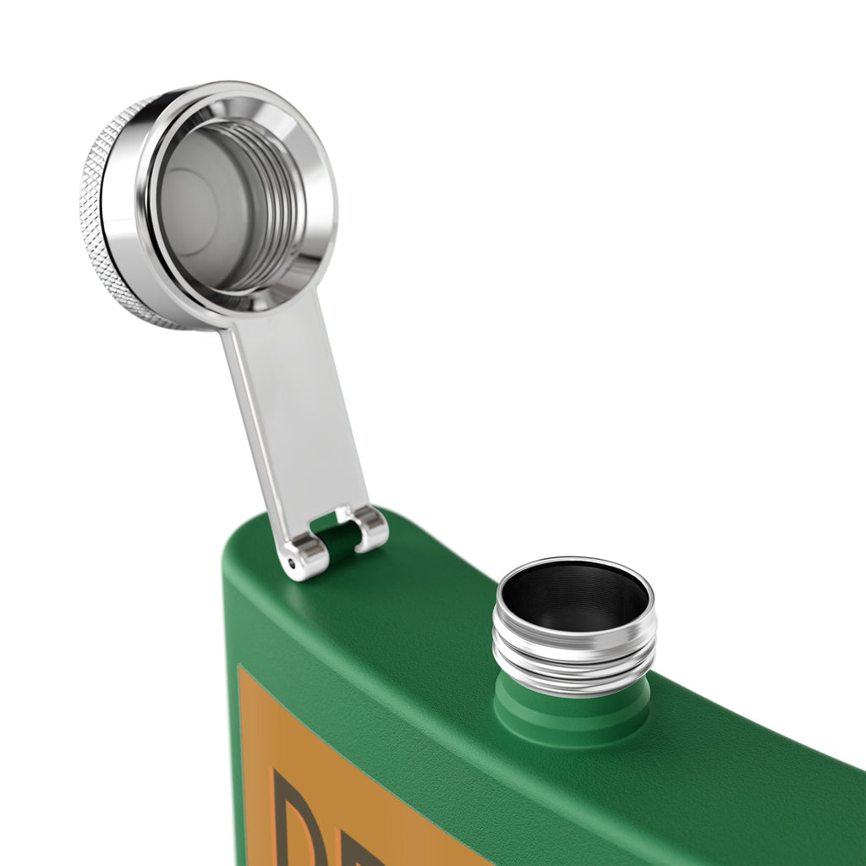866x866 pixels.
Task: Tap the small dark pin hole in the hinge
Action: click(293, 562)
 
